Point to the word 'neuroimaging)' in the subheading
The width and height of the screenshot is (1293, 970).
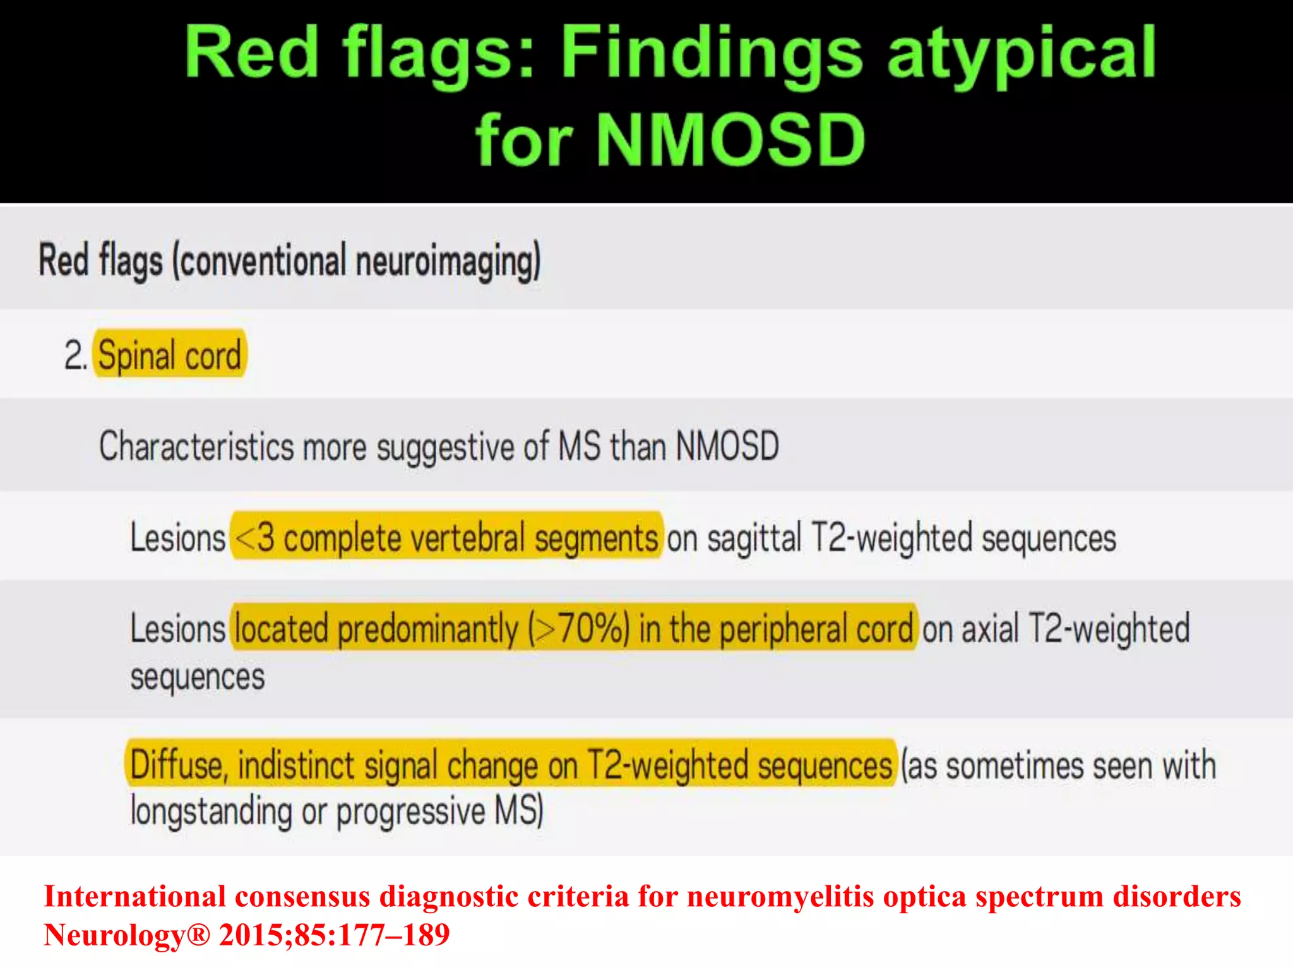(448, 260)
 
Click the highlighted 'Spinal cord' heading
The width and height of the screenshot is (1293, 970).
(169, 354)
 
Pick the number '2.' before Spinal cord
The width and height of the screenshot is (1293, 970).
(75, 355)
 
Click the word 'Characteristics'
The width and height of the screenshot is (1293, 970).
(196, 446)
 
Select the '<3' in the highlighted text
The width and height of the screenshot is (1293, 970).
(255, 537)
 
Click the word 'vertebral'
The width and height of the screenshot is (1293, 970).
(467, 537)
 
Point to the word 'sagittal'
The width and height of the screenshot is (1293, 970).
(754, 539)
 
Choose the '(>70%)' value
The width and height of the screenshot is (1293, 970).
(579, 629)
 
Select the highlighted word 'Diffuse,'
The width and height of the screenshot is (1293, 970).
(179, 765)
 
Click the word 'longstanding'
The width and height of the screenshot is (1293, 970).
(211, 811)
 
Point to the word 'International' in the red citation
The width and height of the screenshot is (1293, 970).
(134, 896)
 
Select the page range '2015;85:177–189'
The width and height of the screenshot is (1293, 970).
(334, 935)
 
